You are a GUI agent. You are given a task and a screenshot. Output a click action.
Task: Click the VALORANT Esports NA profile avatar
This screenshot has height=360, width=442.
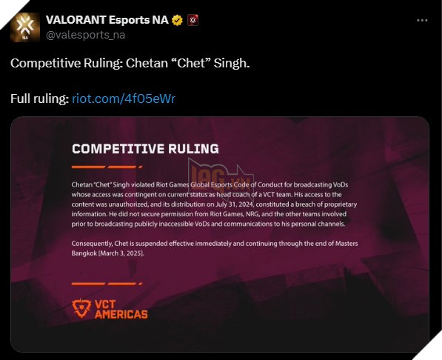click(25, 27)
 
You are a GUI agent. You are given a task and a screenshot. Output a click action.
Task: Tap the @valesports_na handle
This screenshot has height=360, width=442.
click(85, 34)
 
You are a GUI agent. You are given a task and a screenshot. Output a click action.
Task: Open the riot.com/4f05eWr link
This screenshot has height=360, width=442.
click(124, 99)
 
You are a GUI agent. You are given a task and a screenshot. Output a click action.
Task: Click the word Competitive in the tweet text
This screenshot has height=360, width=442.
click(44, 64)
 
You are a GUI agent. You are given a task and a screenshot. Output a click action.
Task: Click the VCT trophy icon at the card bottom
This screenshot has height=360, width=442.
click(82, 308)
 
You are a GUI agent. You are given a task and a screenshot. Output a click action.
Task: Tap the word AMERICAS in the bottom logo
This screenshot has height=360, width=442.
click(121, 314)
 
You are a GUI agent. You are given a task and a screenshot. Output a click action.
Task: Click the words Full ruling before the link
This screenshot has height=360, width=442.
click(39, 99)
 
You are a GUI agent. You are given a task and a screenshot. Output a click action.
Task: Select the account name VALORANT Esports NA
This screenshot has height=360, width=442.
click(106, 20)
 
